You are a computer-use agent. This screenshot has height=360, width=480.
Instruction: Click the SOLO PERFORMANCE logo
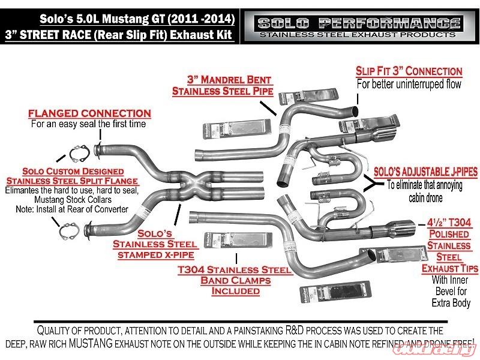point(358,23)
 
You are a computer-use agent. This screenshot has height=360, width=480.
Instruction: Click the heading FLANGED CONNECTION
point(89,113)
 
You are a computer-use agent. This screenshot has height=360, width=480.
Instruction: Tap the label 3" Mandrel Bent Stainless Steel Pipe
point(222,85)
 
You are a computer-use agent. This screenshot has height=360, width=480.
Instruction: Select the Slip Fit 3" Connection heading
point(409,71)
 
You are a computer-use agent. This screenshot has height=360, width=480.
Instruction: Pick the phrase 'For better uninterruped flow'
point(409,85)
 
